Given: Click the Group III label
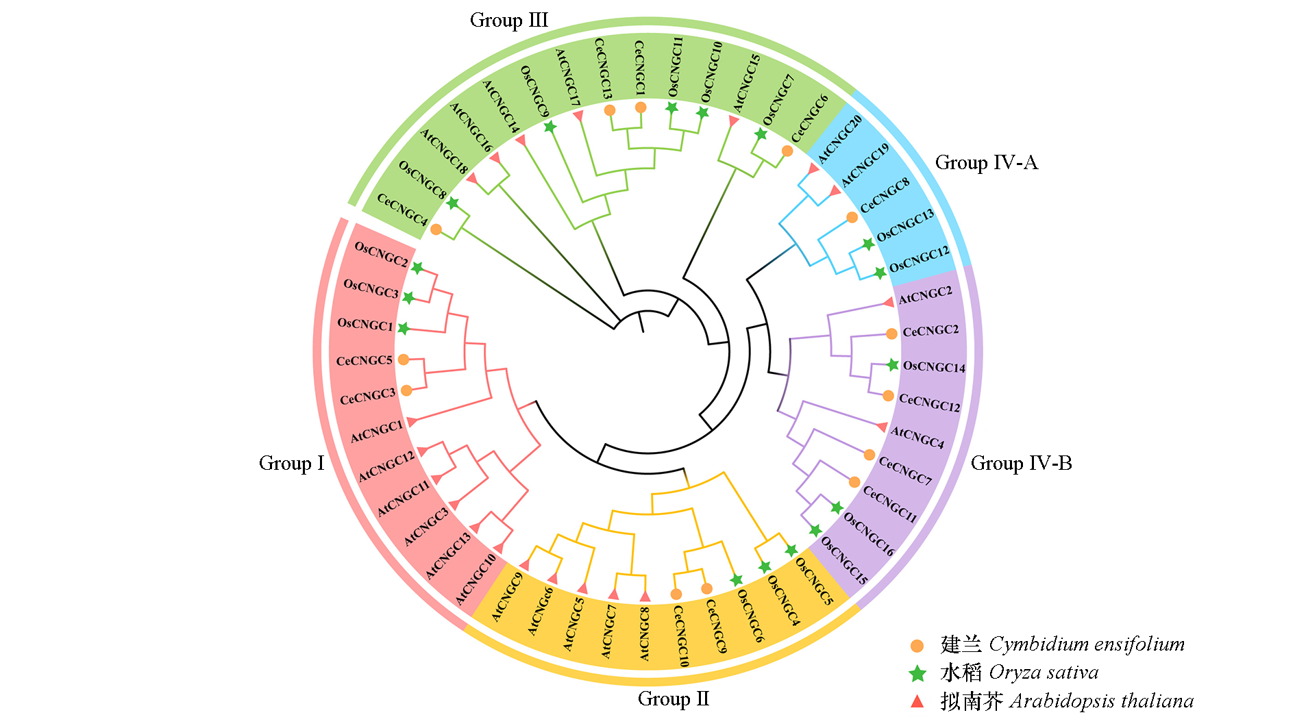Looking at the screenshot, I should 508,21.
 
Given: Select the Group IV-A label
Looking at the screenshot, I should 986,163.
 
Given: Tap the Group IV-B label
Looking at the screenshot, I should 1021,464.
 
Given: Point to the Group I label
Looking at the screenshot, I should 291,464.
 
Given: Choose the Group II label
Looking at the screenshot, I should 674,699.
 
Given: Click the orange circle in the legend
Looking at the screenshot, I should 917,646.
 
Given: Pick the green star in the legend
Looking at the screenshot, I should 917,674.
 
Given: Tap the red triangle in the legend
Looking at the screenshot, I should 917,701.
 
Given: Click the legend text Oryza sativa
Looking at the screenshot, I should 1044,673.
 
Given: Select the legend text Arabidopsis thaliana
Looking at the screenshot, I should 1102,701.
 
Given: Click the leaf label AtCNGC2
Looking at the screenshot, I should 925,295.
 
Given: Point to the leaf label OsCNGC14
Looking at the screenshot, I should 934,366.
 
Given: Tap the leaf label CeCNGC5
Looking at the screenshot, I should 364,360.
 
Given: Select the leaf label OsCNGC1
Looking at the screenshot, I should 365,324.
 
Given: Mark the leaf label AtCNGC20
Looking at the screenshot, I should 840,140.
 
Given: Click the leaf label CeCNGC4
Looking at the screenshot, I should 402,210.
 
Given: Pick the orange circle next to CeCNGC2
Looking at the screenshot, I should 891,334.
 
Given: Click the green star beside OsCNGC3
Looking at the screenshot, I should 408,298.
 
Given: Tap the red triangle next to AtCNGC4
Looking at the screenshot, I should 883,427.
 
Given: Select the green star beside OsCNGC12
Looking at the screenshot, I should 880,273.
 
